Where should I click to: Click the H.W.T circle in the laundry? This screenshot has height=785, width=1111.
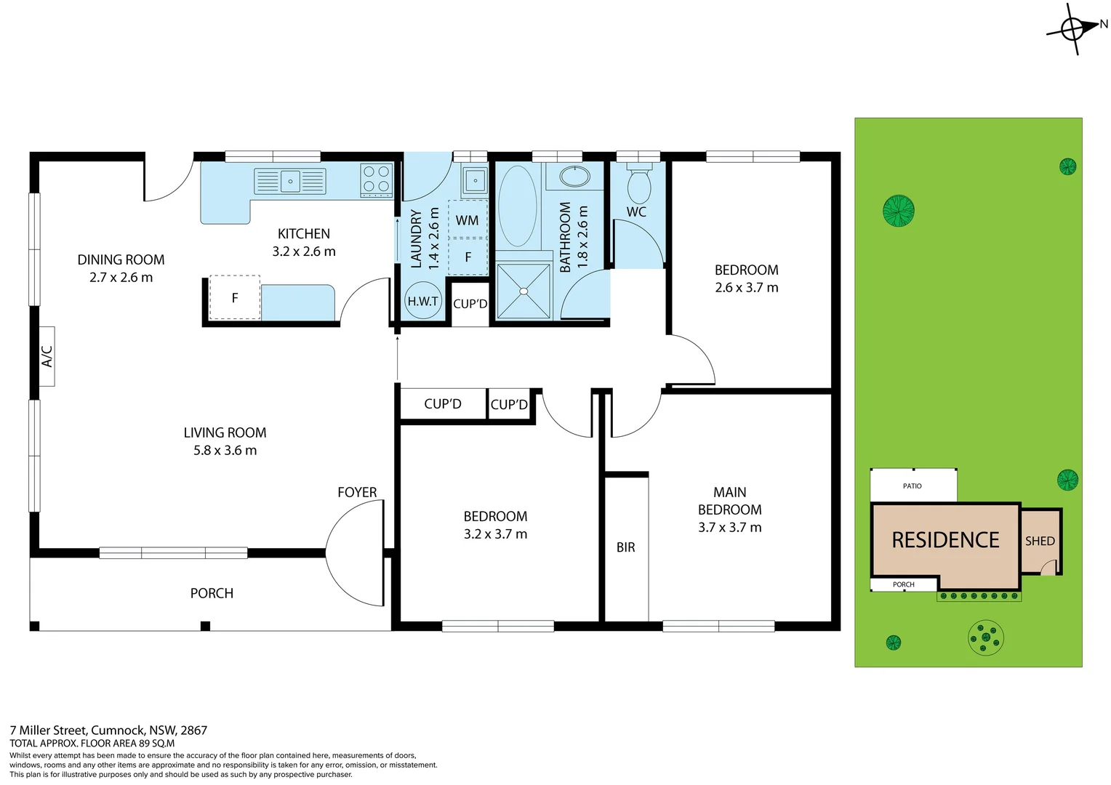tap(422, 301)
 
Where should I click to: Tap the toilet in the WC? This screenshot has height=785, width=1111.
tap(639, 185)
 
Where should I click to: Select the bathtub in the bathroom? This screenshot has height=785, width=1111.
tap(518, 206)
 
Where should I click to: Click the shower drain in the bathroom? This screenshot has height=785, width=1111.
tap(523, 291)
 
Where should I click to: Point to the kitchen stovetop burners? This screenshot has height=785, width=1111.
tap(377, 180)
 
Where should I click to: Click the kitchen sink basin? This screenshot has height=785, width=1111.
tap(290, 181)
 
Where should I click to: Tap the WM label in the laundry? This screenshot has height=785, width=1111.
tap(467, 220)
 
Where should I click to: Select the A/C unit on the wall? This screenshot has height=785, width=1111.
tap(47, 356)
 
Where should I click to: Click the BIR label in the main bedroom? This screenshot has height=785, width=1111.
tap(625, 547)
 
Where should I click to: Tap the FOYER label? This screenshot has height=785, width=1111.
tap(357, 492)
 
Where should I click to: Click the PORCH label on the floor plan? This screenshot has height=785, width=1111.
tap(212, 593)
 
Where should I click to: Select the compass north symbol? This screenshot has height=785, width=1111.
tap(1074, 29)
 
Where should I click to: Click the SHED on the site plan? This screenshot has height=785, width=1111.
tap(1040, 541)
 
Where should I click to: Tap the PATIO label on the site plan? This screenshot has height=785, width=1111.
tap(912, 486)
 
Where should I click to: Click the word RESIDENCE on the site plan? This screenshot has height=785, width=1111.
tap(945, 540)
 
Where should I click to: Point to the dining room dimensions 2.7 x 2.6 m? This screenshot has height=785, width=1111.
tap(121, 278)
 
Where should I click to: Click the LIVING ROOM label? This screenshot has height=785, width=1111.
tap(225, 432)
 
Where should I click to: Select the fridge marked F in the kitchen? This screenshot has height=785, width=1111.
tap(235, 298)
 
